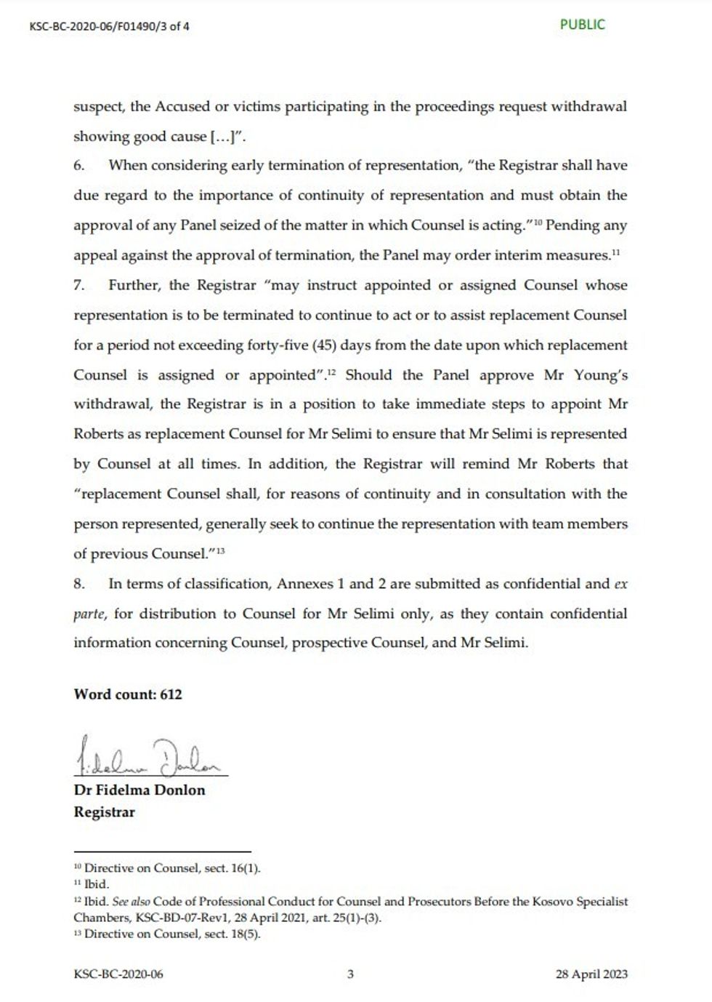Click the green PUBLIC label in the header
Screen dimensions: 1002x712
(582, 25)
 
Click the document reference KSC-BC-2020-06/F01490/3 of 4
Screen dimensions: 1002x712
(110, 27)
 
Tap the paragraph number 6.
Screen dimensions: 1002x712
(79, 165)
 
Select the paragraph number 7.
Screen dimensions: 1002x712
(79, 285)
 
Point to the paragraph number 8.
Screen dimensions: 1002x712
(79, 583)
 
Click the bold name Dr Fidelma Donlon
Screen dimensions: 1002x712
(139, 790)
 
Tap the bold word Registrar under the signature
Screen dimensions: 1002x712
(104, 812)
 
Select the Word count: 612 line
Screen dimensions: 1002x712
(128, 694)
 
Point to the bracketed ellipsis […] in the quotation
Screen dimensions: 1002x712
(222, 136)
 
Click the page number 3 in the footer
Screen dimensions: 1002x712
(350, 974)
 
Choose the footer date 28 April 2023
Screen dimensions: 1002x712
(590, 974)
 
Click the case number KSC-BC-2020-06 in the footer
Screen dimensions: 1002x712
(118, 974)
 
